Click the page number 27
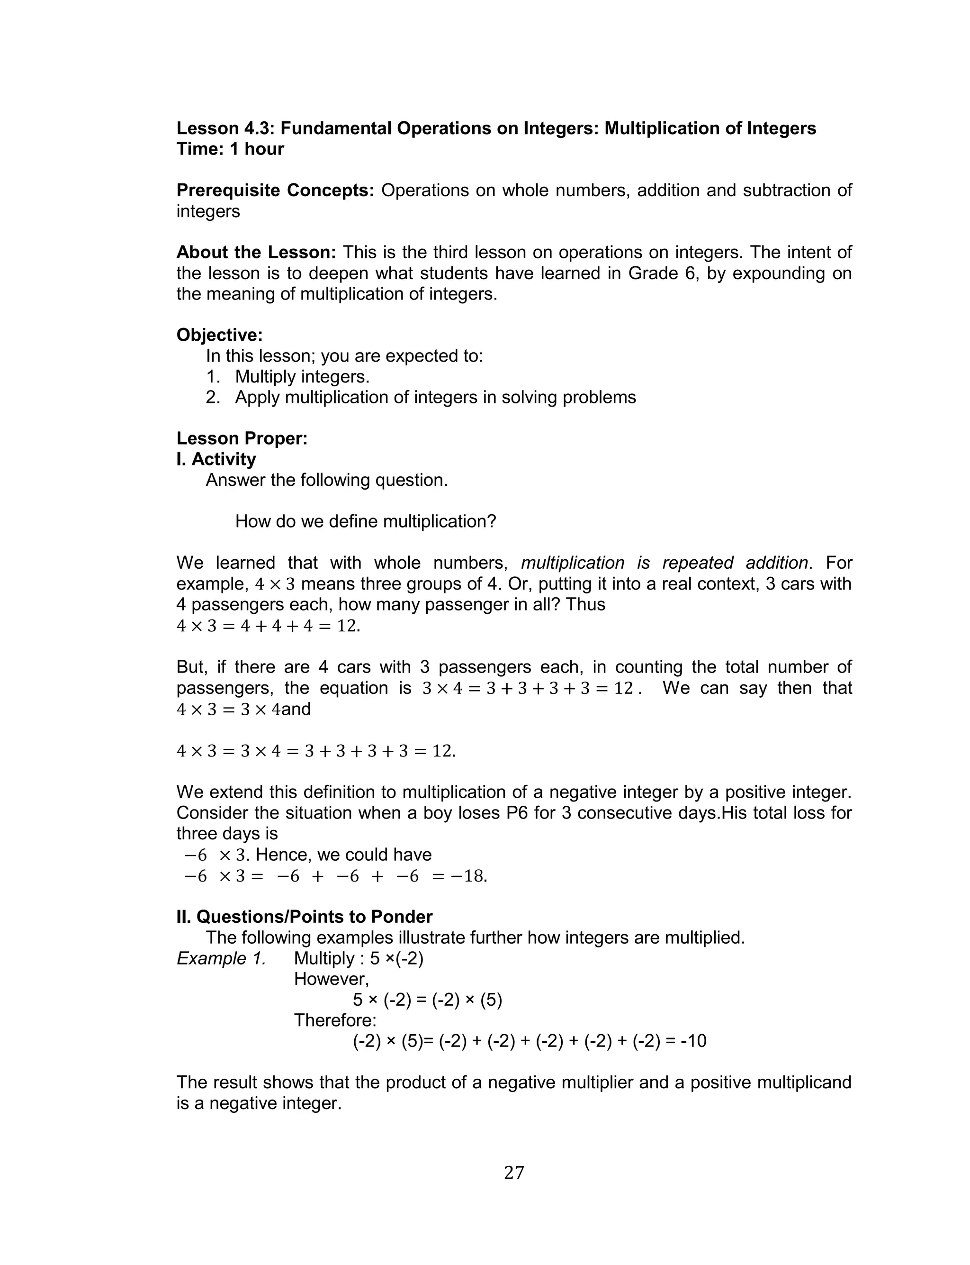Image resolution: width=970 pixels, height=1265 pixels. [514, 1173]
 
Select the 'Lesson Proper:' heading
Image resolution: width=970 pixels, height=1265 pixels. [242, 438]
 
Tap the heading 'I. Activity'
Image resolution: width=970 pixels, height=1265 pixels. [216, 459]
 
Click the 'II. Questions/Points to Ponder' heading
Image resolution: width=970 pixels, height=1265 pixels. [304, 917]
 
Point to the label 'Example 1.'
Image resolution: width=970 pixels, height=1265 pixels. [221, 958]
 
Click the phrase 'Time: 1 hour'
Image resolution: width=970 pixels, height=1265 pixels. [230, 149]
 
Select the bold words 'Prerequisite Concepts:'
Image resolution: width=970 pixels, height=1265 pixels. [275, 190]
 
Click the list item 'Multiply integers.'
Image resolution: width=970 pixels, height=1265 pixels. [302, 377]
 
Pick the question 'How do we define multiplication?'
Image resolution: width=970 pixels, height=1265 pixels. [366, 522]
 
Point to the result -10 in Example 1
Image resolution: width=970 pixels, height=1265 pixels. [693, 1041]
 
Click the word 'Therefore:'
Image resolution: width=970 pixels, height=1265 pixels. [335, 1020]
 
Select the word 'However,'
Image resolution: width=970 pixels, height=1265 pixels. [332, 979]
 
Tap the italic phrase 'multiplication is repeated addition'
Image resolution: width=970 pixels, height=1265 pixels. [664, 563]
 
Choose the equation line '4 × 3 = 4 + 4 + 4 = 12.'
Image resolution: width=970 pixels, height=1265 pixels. [269, 626]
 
